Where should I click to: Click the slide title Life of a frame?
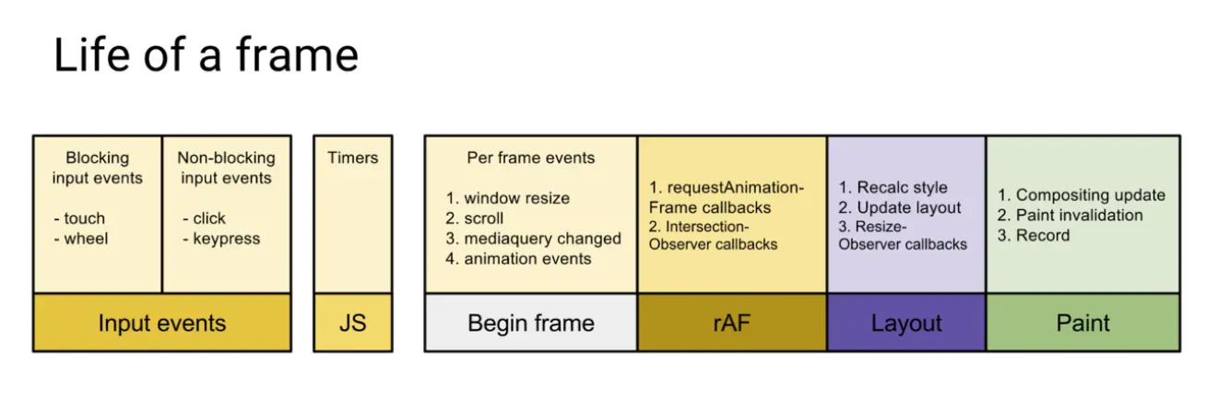coord(206,54)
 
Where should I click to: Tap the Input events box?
coord(162,323)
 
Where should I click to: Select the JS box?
coord(353,323)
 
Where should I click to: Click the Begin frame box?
coord(531,323)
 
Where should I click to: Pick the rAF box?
coord(732,323)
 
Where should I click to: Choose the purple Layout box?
coord(906,323)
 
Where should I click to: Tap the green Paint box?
coord(1082,323)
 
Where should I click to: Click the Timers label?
coord(352,158)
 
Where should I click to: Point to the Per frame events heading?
coord(530,158)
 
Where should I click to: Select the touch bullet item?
coord(79,218)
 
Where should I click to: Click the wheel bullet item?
coord(81,239)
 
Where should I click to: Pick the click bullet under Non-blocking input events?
coord(204,218)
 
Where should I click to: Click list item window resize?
coord(507,198)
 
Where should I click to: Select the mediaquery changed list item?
coord(533,239)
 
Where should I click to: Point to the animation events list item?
coord(518,259)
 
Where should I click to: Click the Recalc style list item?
coord(893,188)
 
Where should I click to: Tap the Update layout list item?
coord(899,208)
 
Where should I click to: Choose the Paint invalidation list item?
coord(1070,215)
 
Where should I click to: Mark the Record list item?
coord(1034,235)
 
